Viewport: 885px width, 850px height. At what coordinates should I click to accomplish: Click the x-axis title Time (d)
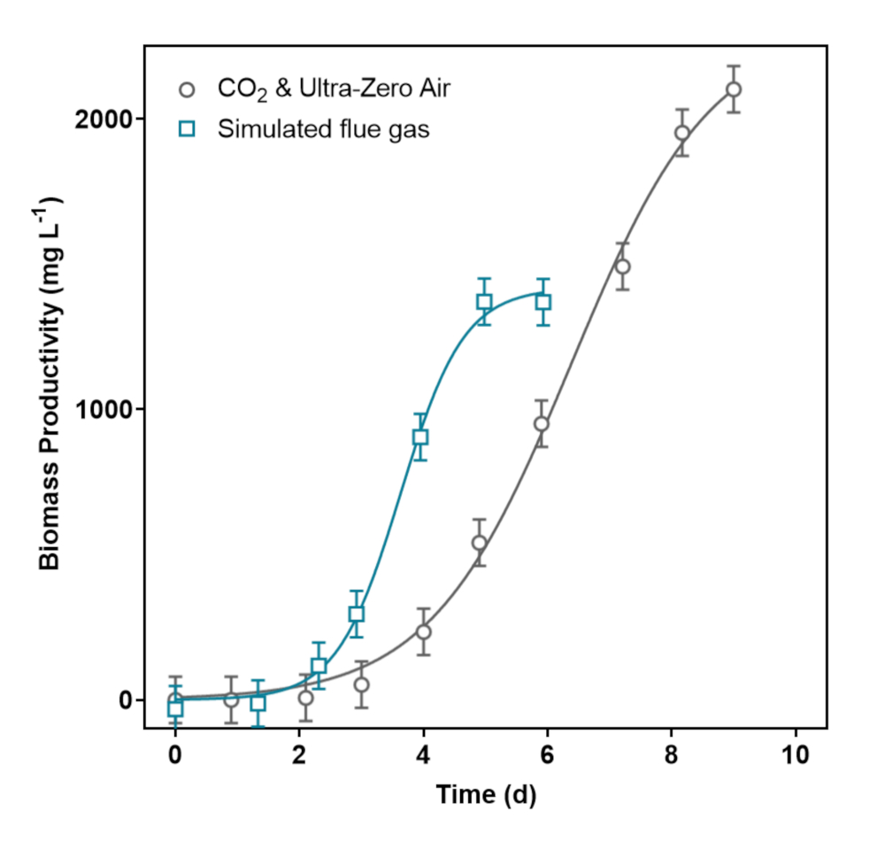click(x=485, y=794)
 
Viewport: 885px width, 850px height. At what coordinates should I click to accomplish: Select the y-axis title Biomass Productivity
click(x=50, y=386)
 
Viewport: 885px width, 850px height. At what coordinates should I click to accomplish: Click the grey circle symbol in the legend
click(x=186, y=89)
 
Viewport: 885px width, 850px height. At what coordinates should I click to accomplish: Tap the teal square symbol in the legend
click(x=186, y=129)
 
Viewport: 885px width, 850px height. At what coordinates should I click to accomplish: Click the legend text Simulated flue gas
click(x=323, y=129)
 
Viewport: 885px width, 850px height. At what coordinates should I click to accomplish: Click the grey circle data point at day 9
click(x=734, y=89)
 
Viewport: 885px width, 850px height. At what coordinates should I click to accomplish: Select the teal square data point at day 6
click(x=543, y=302)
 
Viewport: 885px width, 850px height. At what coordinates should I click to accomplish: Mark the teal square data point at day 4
click(x=420, y=437)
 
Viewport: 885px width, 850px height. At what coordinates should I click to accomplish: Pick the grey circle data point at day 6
click(x=541, y=423)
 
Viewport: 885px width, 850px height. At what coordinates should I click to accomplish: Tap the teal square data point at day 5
click(x=484, y=301)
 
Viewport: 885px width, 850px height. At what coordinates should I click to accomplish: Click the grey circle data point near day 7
click(x=622, y=267)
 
